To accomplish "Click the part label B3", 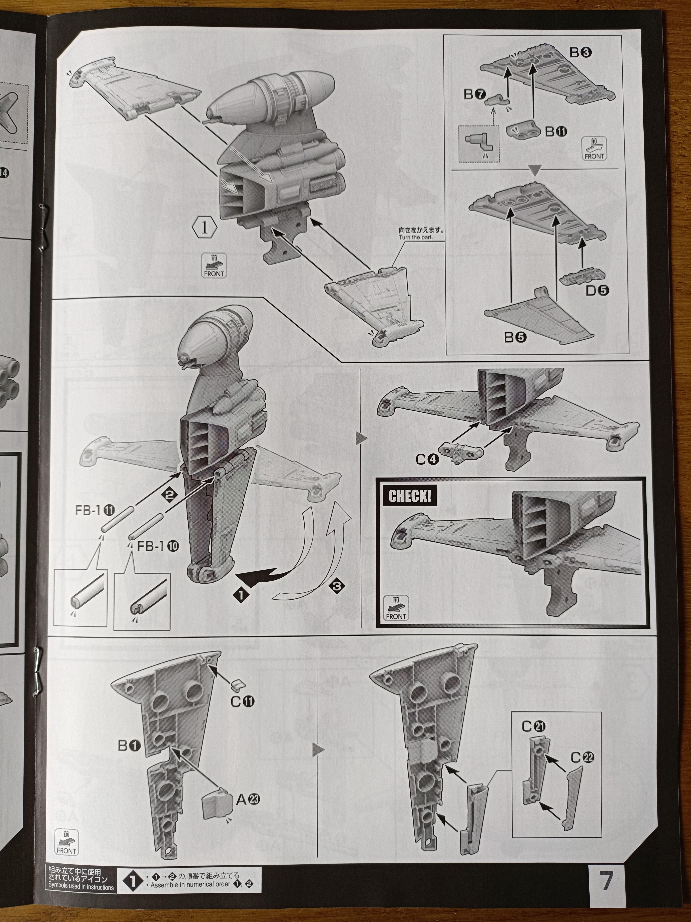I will (x=581, y=53).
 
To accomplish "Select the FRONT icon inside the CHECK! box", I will (x=396, y=608).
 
